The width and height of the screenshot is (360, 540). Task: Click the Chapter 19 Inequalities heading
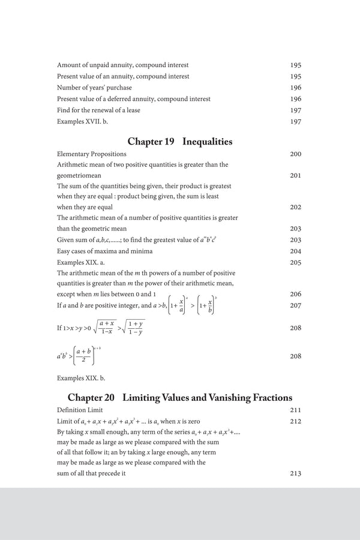tap(180, 142)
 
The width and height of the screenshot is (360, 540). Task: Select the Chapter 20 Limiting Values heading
tap(180, 397)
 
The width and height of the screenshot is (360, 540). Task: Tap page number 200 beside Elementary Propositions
tap(295, 154)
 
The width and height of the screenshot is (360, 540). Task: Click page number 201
tap(295, 176)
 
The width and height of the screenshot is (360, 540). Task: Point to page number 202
tap(295, 207)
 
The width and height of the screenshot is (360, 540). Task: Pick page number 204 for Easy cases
tap(295, 251)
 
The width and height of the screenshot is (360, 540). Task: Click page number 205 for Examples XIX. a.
tap(295, 262)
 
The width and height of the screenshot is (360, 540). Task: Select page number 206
tap(295, 294)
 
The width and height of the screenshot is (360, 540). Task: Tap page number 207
tap(295, 305)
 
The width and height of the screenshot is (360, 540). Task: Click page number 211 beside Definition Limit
tap(295, 410)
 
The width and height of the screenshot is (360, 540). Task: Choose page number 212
tap(295, 421)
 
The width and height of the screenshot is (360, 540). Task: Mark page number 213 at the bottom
tap(295, 473)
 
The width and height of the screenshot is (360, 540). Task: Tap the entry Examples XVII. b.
tap(85, 122)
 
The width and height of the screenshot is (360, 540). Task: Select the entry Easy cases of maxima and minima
tap(104, 251)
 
